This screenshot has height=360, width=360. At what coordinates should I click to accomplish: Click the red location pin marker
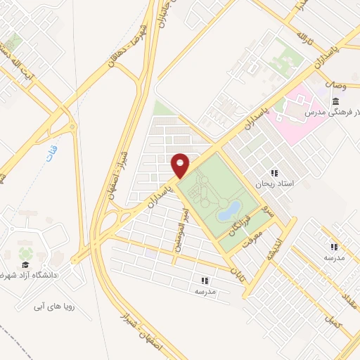point(181,165)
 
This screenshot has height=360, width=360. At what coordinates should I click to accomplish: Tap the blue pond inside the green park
point(229,209)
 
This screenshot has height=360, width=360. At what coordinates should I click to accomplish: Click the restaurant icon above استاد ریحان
point(275,173)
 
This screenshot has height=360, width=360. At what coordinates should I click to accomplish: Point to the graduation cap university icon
point(26,264)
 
